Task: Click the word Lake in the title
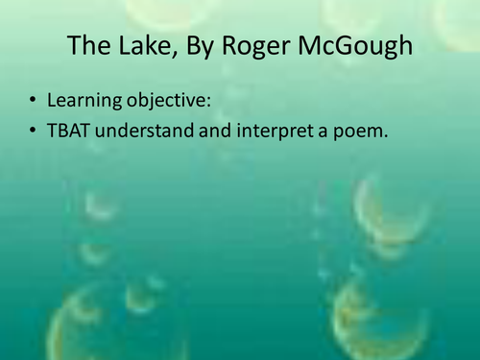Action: (132, 47)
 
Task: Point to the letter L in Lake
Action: (112, 47)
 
